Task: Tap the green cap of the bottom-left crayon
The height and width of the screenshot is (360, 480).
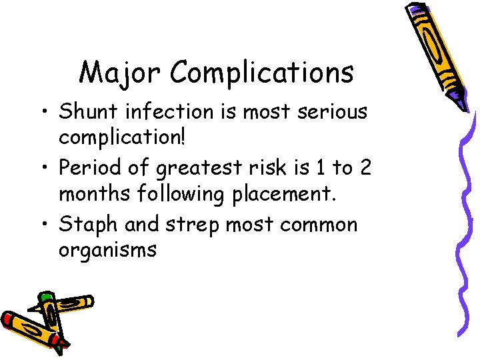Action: coord(45,297)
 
